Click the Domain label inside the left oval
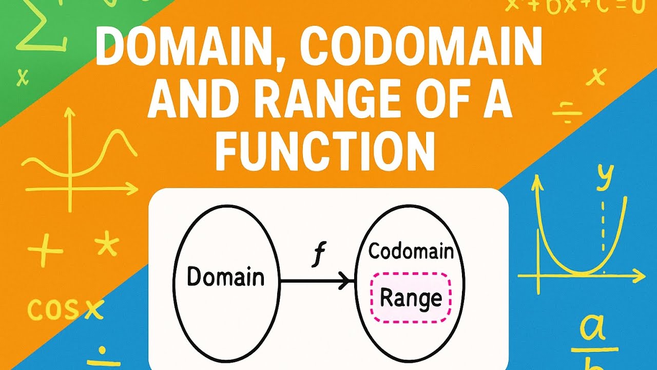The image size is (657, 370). [225, 277]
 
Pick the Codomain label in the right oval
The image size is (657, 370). [411, 251]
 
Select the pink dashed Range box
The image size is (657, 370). [411, 298]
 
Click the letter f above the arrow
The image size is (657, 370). [317, 256]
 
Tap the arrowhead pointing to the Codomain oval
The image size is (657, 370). [349, 281]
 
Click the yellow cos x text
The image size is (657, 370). [65, 309]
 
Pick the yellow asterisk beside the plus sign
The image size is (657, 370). [107, 246]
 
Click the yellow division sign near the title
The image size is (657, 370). [566, 113]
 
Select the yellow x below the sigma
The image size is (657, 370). [22, 78]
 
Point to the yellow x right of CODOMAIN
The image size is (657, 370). [596, 77]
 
